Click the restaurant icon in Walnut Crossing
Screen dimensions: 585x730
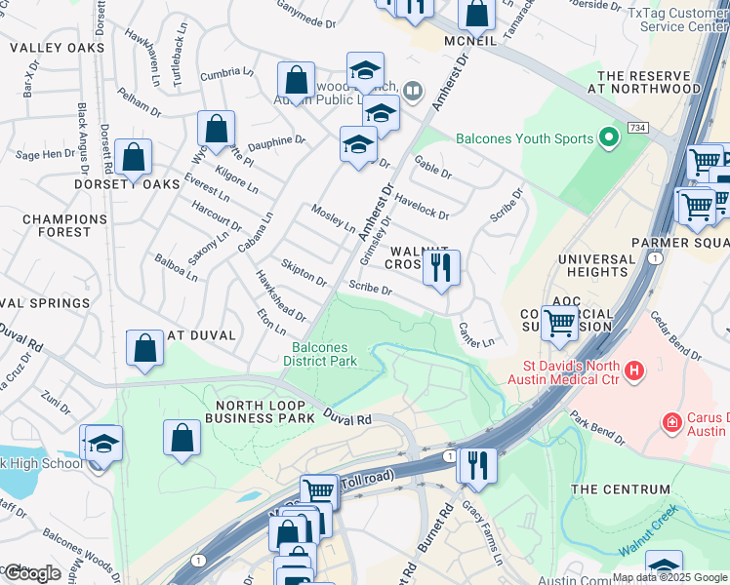coord(441,268)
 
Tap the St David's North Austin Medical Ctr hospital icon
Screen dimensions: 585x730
coord(634,370)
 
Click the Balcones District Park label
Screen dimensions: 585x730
coord(320,354)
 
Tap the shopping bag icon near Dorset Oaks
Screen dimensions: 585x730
coord(133,158)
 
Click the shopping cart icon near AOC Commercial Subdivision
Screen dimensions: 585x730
coord(560,323)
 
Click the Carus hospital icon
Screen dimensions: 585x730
coord(671,423)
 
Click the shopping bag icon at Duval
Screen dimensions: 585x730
coord(144,348)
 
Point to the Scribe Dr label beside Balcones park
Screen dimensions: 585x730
coord(370,290)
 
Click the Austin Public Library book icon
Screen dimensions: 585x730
coord(413,93)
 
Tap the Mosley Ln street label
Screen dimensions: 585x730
coord(333,218)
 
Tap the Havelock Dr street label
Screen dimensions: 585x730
coord(422,208)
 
